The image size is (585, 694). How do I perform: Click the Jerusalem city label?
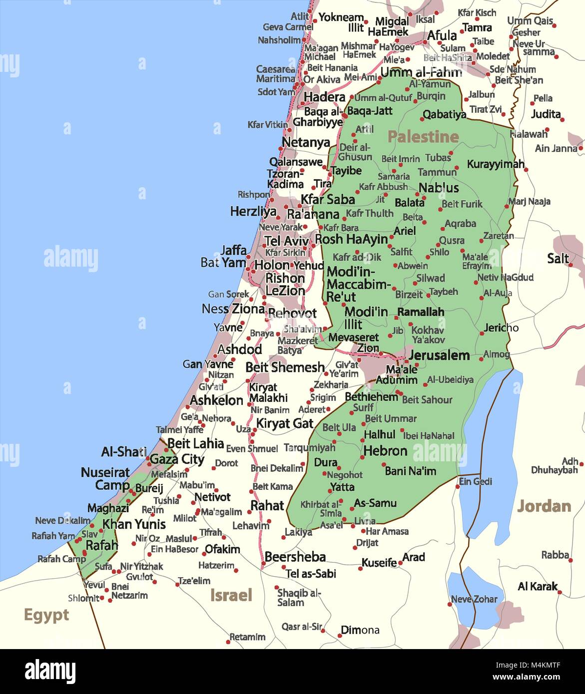[x=439, y=355]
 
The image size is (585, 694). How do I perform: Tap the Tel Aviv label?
[x=286, y=241]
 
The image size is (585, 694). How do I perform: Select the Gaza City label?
[x=177, y=459]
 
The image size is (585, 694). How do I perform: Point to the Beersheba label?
[x=295, y=557]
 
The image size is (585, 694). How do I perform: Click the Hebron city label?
[x=385, y=451]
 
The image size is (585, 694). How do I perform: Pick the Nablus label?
[x=439, y=188]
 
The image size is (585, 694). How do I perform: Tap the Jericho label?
[x=501, y=328]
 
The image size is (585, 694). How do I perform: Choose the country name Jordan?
[x=544, y=506]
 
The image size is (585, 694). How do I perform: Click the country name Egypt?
[x=46, y=615]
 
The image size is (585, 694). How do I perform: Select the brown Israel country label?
[x=231, y=595]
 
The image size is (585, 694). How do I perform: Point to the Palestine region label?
[x=423, y=136]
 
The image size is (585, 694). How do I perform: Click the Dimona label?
[x=360, y=630]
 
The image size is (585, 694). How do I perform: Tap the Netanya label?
[x=306, y=143]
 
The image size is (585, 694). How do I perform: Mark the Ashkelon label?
[x=216, y=400]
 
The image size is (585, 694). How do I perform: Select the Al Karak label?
[x=538, y=586]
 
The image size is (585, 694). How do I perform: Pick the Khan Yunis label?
[x=134, y=524]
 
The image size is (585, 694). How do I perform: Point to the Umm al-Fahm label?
[x=421, y=72]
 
